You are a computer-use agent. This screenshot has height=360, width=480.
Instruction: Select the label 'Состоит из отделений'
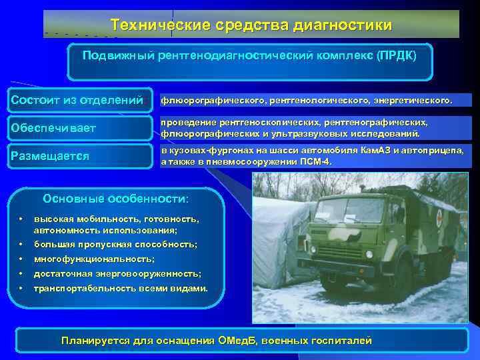[x=77, y=100]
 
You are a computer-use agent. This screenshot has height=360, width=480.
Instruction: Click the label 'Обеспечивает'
[x=53, y=127]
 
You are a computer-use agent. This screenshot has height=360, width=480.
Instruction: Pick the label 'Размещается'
[x=50, y=156]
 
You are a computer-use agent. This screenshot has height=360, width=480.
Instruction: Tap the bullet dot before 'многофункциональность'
[x=21, y=259]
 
